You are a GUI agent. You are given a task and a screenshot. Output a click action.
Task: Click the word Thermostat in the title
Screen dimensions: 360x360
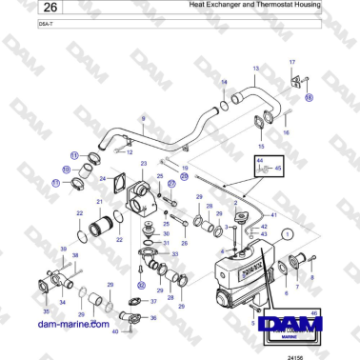pyautogui.click(x=276, y=6)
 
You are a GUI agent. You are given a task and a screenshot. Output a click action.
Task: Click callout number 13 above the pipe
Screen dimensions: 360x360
pyautogui.click(x=255, y=70)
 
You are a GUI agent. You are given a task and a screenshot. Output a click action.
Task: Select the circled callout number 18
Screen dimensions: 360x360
pyautogui.click(x=309, y=96)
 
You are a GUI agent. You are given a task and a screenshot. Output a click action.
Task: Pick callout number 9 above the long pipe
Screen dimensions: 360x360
pyautogui.click(x=142, y=118)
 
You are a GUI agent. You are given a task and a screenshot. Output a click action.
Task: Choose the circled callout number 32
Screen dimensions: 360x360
pyautogui.click(x=141, y=284)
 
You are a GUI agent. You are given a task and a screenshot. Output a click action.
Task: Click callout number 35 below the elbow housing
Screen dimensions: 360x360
pyautogui.click(x=45, y=311)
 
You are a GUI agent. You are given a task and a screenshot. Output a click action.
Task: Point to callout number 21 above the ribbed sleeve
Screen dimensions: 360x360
pyautogui.click(x=99, y=203)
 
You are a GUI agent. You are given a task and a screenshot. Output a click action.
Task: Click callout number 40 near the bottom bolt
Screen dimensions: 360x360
pyautogui.click(x=114, y=330)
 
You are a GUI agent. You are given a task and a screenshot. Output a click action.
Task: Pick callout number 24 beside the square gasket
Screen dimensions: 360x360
pyautogui.click(x=102, y=177)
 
